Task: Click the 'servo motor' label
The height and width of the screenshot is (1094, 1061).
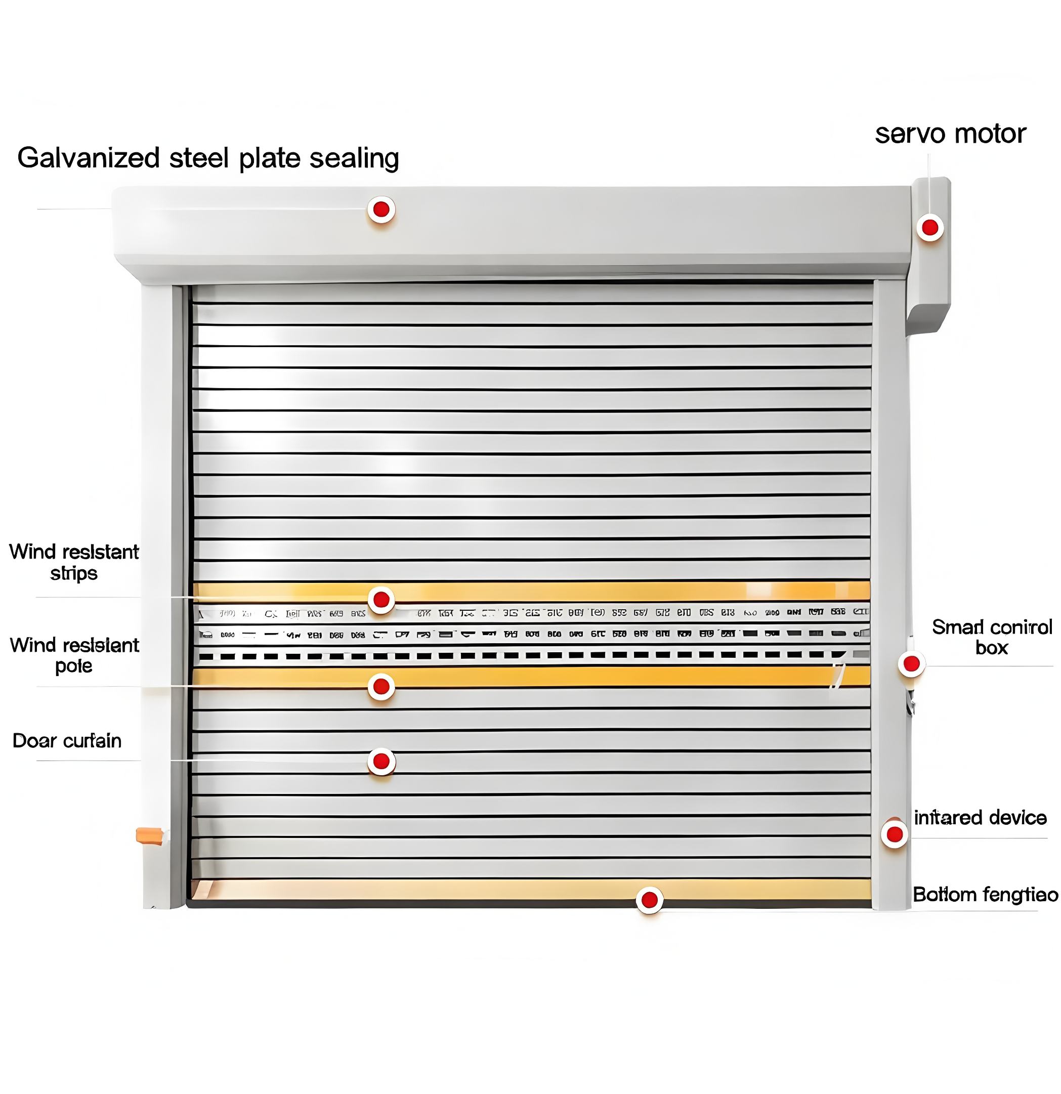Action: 950,134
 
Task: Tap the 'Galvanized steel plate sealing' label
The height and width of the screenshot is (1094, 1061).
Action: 207,158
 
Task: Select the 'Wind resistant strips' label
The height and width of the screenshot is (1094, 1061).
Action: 74,562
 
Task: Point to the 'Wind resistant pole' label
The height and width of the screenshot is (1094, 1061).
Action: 74,655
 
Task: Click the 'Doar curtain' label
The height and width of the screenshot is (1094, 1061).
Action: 67,741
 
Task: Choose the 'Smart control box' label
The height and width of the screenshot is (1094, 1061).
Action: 992,637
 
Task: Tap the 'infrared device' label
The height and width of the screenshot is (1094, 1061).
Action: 980,818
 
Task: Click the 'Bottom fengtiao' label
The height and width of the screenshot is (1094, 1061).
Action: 985,895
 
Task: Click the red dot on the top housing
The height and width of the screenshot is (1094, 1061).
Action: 381,209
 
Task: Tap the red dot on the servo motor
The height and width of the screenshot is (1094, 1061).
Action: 930,228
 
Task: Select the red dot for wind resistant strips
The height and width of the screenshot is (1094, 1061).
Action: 381,600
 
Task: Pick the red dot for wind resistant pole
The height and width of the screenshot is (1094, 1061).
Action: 381,687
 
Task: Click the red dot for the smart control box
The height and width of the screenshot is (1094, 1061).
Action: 911,664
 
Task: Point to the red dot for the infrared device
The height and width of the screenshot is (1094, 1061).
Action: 895,834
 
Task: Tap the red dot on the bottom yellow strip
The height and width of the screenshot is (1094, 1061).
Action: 650,900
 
